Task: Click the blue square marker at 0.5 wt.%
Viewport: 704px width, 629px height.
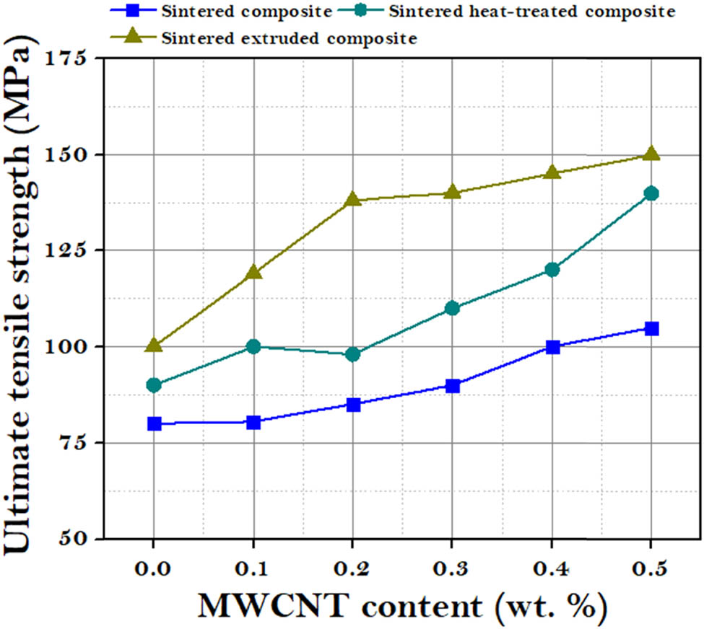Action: click(652, 329)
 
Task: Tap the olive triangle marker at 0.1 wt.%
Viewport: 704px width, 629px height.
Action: click(253, 272)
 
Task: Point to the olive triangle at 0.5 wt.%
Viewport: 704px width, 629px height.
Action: click(652, 154)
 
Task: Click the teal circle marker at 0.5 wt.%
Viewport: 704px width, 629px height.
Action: click(652, 193)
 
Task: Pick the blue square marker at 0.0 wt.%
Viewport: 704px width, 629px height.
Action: click(154, 423)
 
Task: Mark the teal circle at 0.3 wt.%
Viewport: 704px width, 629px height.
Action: click(453, 308)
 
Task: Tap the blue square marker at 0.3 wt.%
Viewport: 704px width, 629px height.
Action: click(453, 386)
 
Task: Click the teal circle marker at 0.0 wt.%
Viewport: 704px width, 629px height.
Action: click(154, 385)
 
